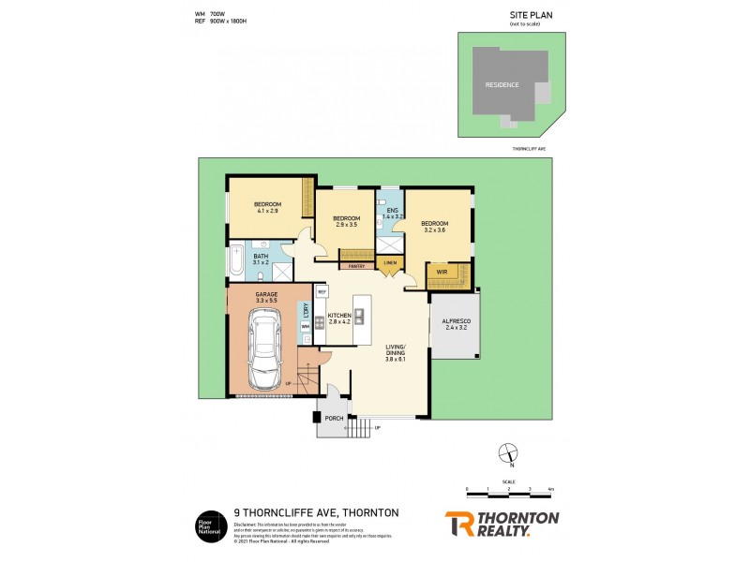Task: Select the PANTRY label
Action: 356,266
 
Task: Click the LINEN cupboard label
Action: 390,262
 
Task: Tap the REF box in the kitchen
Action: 321,292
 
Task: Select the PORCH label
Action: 333,419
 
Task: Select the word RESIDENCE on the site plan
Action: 502,84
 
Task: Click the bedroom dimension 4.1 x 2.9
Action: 268,211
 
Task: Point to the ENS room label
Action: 392,211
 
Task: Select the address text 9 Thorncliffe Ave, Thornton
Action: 316,512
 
